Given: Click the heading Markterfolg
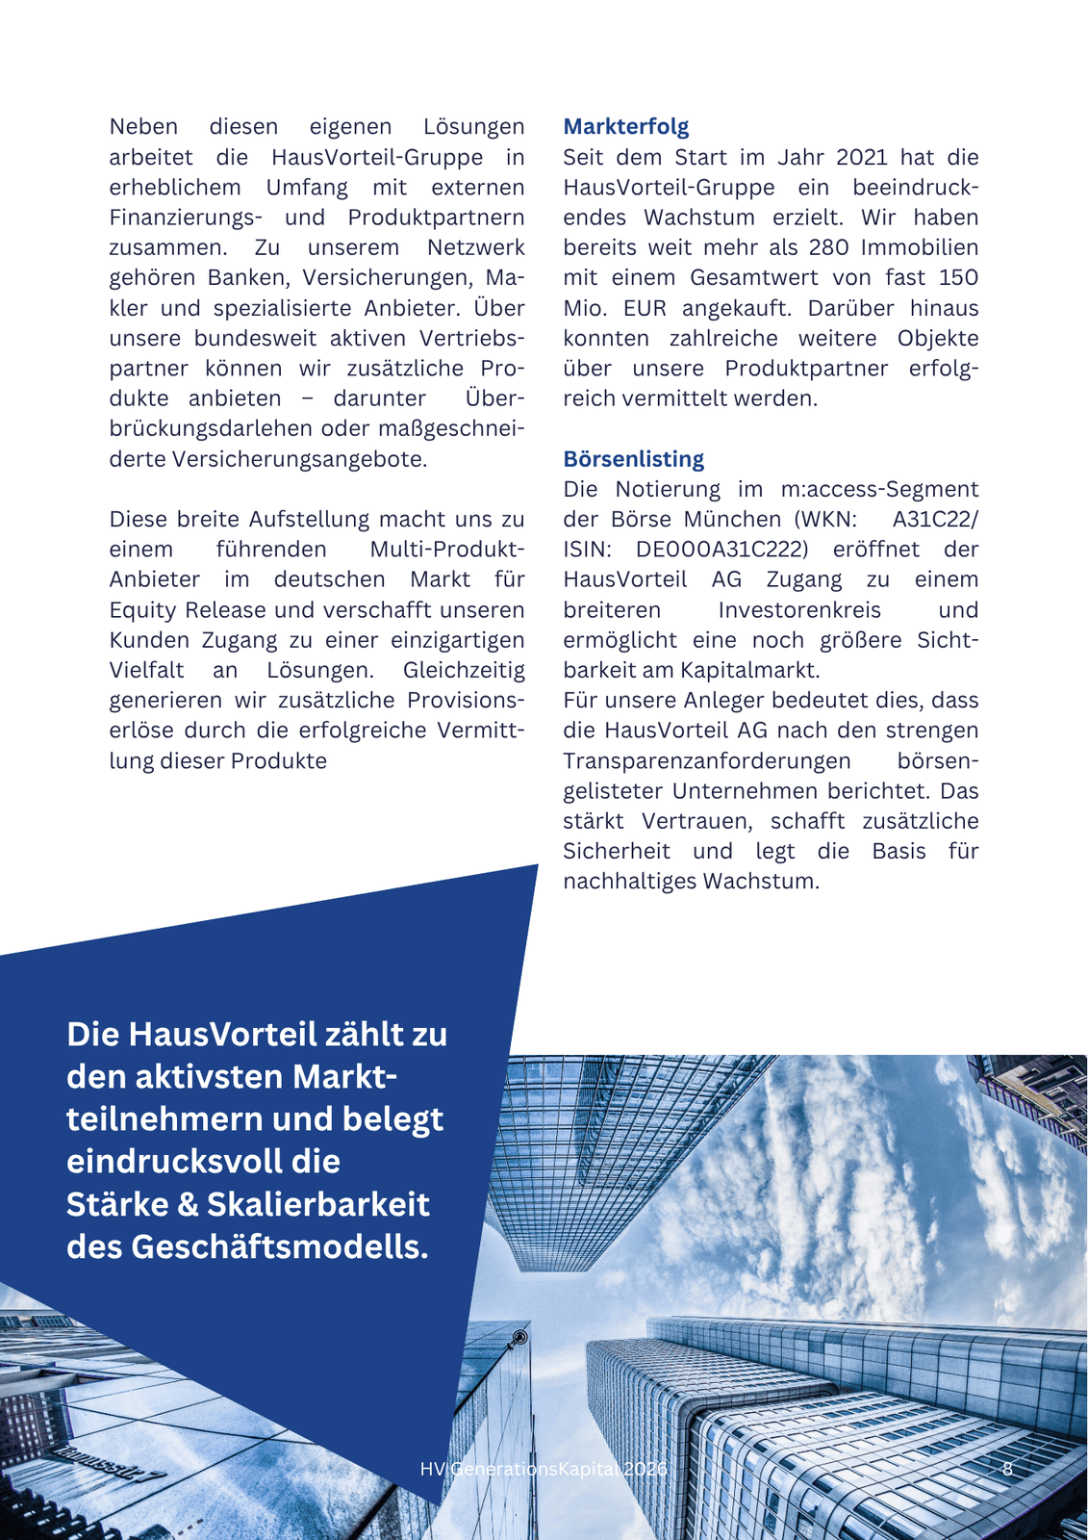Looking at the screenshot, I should coord(625,127).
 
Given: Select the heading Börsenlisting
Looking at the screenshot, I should coord(633,459).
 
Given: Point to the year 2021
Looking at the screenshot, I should coord(862,157).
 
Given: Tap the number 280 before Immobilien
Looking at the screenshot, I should coord(828,247).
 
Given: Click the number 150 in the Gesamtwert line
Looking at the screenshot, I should coord(958,278).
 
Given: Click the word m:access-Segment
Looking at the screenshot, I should coord(879,489).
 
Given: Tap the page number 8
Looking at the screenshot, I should coord(1007,1469).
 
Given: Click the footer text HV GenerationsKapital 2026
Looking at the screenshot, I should coord(544,1469).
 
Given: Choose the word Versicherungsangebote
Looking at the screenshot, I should coord(299,459).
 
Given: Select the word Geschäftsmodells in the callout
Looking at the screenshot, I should coord(279,1246).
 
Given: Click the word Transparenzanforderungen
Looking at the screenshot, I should coord(706,761).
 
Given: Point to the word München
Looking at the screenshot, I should coord(732,520).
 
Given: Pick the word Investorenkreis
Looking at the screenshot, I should coord(798,610).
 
